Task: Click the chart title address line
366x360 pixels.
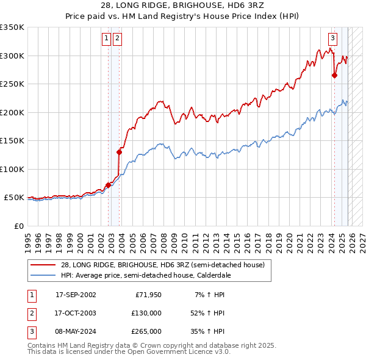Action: point(182,5)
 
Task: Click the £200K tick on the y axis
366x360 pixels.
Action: point(12,112)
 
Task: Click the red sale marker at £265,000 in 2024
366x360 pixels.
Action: point(334,76)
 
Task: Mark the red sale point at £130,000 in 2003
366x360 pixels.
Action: point(119,152)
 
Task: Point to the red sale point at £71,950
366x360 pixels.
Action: point(108,185)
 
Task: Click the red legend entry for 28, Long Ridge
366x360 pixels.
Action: point(162,265)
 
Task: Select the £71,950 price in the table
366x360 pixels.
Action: point(148,294)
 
